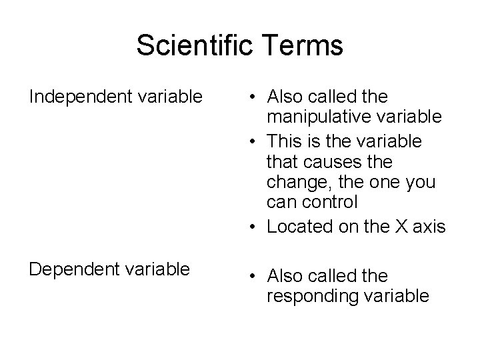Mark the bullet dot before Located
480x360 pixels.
pyautogui.click(x=256, y=227)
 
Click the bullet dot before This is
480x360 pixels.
pyautogui.click(x=256, y=141)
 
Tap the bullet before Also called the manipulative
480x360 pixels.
pyautogui.click(x=256, y=97)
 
